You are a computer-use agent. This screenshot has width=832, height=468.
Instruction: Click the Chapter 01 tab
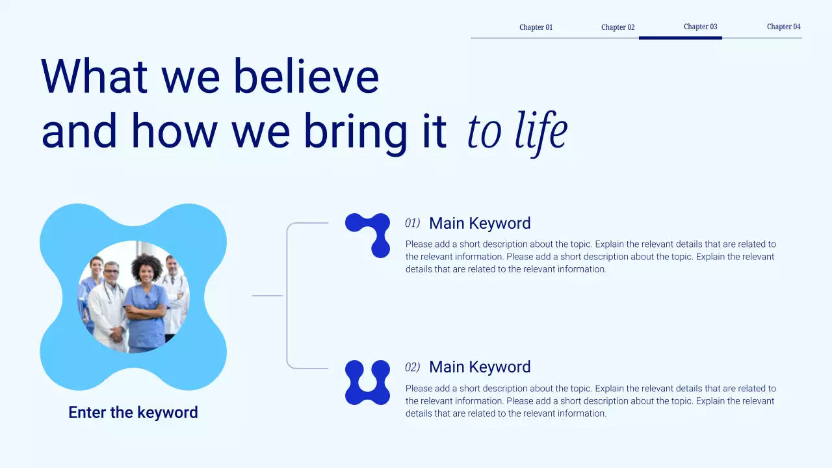[536, 27]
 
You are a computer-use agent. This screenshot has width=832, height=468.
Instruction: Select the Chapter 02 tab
[617, 27]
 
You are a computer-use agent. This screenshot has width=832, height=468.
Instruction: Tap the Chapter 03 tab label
[700, 27]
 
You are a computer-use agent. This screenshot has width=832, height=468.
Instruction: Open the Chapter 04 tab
[783, 27]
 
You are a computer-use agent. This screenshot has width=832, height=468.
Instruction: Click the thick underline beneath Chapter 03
[680, 38]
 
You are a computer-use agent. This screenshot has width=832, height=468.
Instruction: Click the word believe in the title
[305, 76]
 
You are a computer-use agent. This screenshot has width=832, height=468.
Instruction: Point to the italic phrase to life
[517, 132]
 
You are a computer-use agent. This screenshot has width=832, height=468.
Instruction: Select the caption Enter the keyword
[133, 413]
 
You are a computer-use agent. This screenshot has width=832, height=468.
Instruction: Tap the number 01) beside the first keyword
[412, 224]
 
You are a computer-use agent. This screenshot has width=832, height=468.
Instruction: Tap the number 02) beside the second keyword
[412, 368]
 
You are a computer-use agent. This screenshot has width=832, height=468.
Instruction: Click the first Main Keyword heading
[480, 224]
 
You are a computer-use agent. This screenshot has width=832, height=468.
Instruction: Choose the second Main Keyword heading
[480, 367]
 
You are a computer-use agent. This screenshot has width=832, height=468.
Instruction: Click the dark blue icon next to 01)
[369, 235]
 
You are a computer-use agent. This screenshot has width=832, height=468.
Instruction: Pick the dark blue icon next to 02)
[367, 382]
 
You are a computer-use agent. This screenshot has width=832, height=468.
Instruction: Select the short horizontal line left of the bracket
[267, 296]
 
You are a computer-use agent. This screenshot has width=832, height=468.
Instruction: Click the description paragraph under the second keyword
[590, 401]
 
